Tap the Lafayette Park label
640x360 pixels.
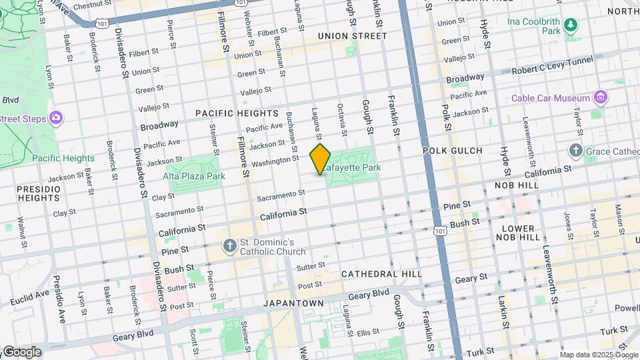354,167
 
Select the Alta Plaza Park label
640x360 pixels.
194,176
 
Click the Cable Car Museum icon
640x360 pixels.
601,98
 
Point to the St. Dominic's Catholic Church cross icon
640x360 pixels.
229,246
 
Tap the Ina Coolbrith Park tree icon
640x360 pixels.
570,25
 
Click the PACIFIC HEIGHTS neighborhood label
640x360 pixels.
236,114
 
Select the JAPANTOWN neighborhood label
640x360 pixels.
293,303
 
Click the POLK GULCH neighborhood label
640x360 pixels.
452,151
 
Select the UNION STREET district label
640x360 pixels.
352,36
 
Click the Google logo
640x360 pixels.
21,351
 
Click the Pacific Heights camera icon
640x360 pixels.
56,117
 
